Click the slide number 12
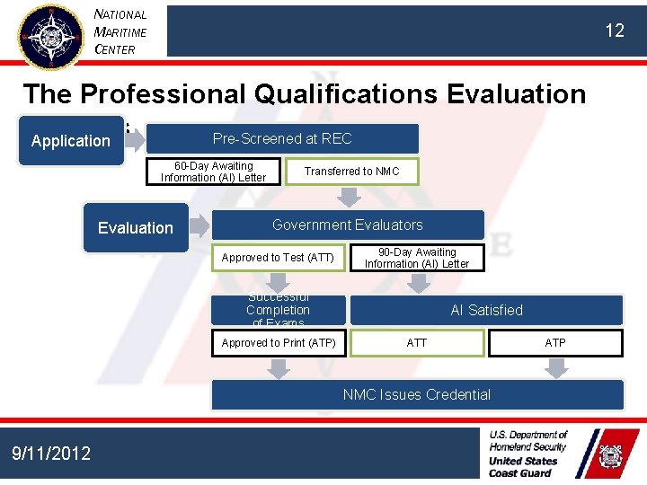pos(614,31)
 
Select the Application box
pos(71,141)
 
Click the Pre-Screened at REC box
pos(282,138)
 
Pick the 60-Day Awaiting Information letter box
pos(213,172)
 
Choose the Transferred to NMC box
pos(351,172)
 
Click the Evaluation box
pos(136,228)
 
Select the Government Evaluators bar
pos(347,225)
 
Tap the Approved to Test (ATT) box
pos(278,258)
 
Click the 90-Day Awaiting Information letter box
pos(417,258)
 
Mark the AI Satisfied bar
pos(486,310)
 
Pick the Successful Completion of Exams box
pos(279,310)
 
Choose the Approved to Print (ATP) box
pos(279,343)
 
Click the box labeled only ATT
pos(417,343)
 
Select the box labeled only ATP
pos(555,343)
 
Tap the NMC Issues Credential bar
pos(417,394)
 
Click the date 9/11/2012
pos(51,454)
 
